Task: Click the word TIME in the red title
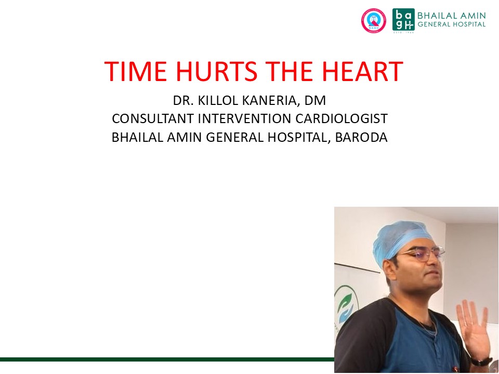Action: (136, 71)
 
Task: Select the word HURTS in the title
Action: (216, 71)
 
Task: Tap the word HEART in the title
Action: (362, 71)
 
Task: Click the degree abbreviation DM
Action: (316, 100)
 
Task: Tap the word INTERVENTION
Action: (244, 118)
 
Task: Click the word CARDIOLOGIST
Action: (342, 118)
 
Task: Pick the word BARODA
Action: (361, 137)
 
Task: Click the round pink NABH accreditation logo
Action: (374, 21)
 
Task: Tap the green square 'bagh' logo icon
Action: (403, 19)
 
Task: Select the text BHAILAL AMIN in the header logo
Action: (452, 15)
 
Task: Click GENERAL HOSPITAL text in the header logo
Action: (452, 24)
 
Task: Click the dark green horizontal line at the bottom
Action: (167, 359)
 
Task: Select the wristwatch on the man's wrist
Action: (481, 362)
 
